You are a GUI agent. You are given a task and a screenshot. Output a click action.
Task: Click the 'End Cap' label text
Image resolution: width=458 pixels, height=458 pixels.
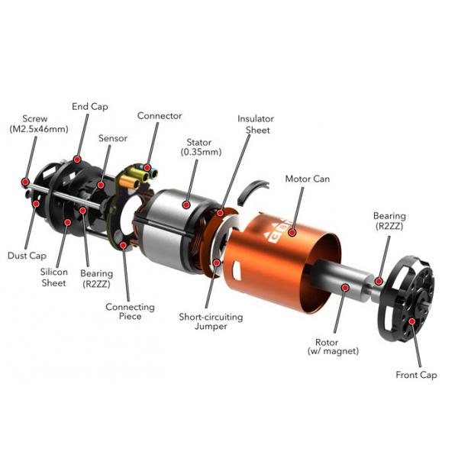click(90, 106)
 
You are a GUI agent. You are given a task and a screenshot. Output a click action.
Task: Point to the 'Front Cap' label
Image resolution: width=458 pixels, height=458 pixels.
click(415, 375)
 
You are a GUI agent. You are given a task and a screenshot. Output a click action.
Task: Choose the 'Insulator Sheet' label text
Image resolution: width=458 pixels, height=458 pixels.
click(255, 124)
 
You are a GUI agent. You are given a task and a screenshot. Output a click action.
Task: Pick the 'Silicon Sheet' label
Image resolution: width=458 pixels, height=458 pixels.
click(54, 277)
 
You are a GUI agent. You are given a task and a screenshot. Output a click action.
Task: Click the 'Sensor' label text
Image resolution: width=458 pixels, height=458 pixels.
click(112, 139)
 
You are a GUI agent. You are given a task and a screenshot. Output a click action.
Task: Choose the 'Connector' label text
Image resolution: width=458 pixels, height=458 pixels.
click(160, 116)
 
